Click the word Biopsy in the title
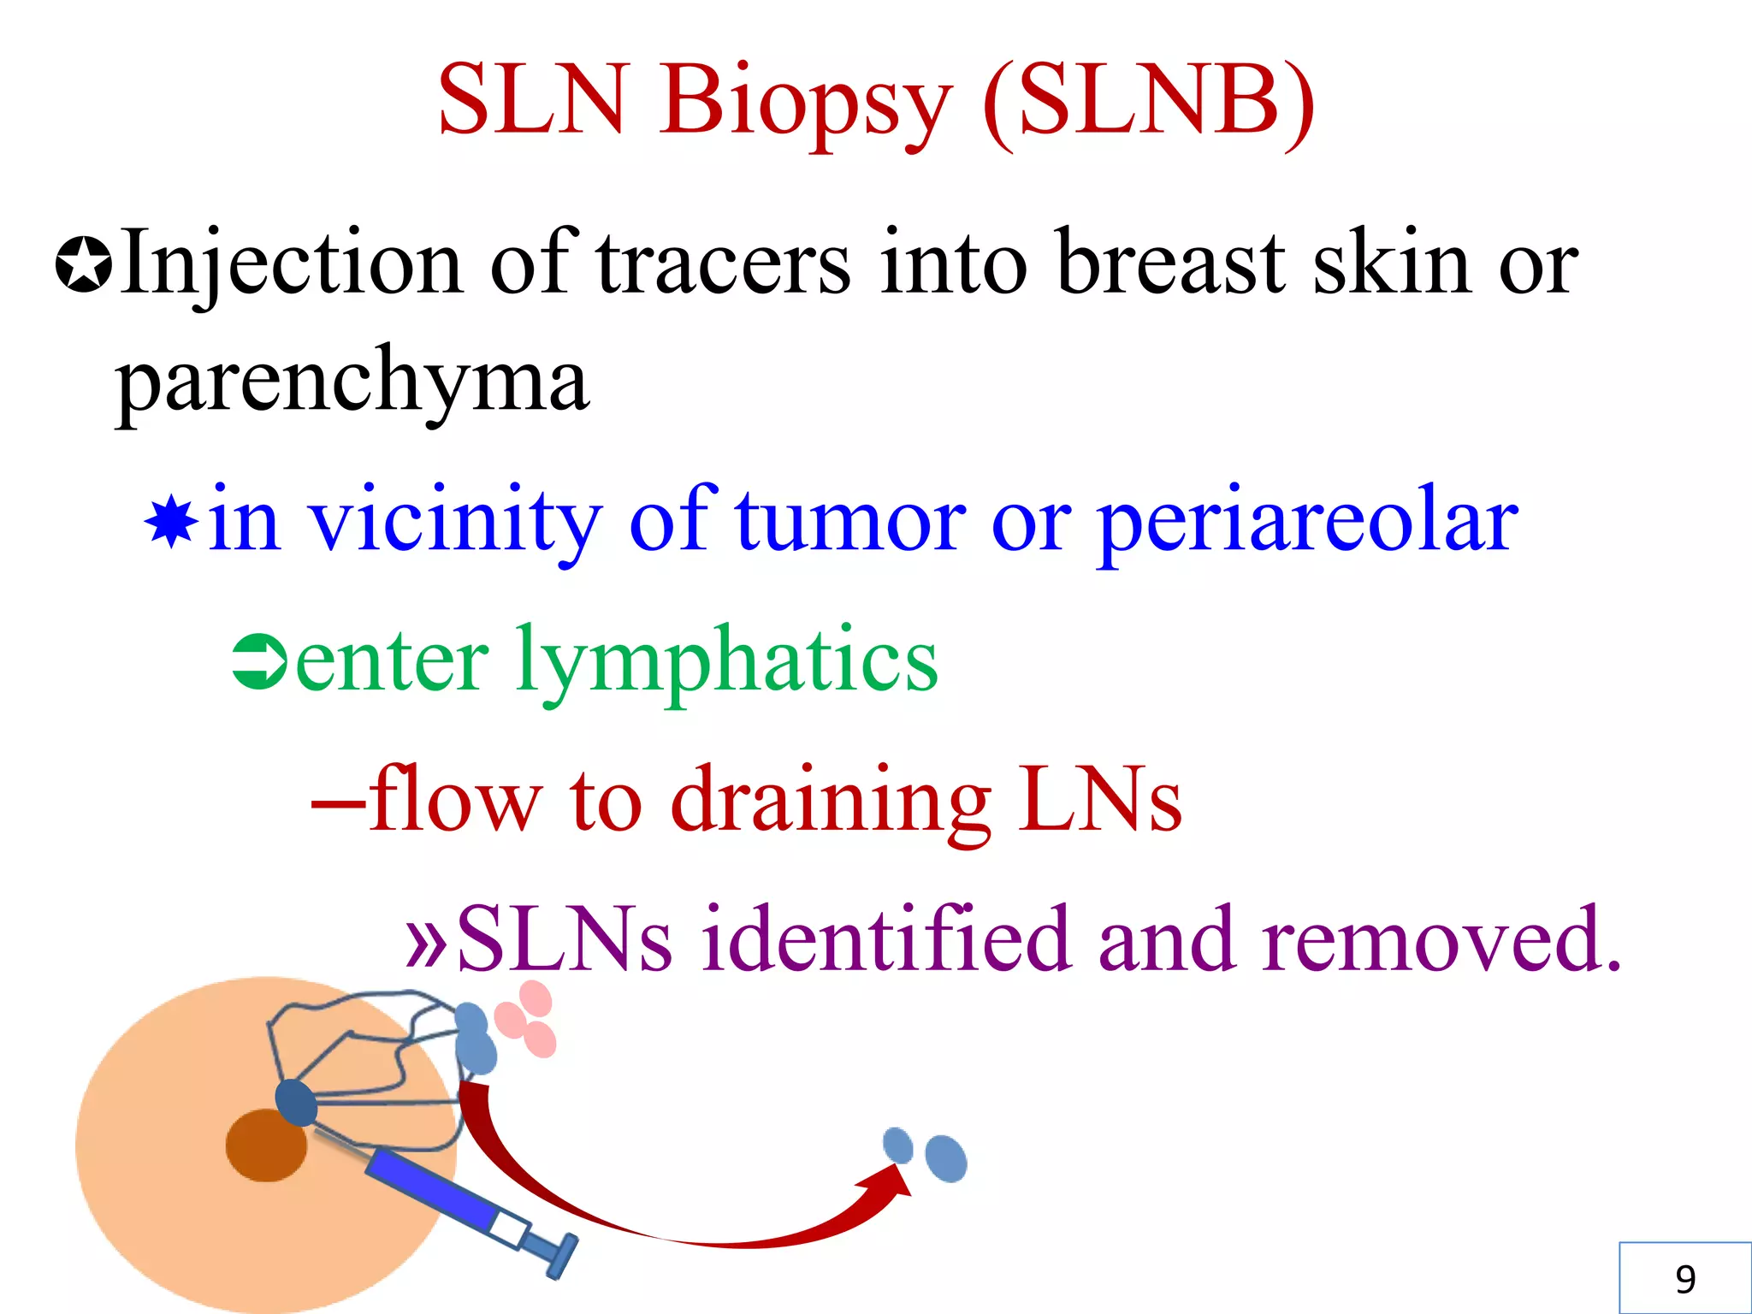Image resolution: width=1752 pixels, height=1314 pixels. pyautogui.click(x=804, y=103)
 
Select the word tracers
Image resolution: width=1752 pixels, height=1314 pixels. pyautogui.click(x=723, y=263)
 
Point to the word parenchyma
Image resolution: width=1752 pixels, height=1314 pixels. pyautogui.click(x=352, y=381)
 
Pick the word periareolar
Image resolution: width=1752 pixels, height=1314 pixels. pyautogui.click(x=1307, y=522)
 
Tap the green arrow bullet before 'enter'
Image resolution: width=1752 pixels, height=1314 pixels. pyautogui.click(x=259, y=661)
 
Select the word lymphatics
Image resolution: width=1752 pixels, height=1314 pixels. pyautogui.click(x=727, y=661)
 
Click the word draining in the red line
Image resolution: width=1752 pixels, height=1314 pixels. pyautogui.click(x=830, y=800)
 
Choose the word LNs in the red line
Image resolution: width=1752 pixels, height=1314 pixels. pyautogui.click(x=1099, y=800)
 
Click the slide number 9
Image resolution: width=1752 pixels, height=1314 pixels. pyautogui.click(x=1684, y=1279)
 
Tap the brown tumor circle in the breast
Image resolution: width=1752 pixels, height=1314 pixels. pyautogui.click(x=266, y=1145)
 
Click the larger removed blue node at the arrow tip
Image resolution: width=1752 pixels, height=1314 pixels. pyautogui.click(x=946, y=1158)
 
